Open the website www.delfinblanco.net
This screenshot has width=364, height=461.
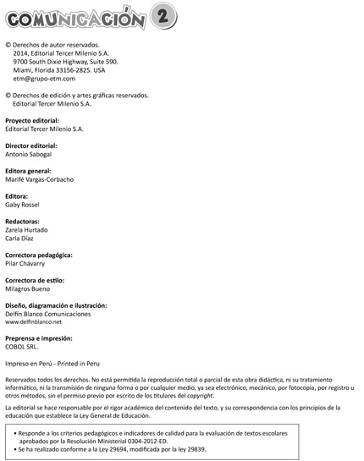tap(34, 322)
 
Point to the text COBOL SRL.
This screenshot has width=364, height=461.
tap(23, 347)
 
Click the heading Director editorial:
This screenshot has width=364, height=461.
tap(31, 145)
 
